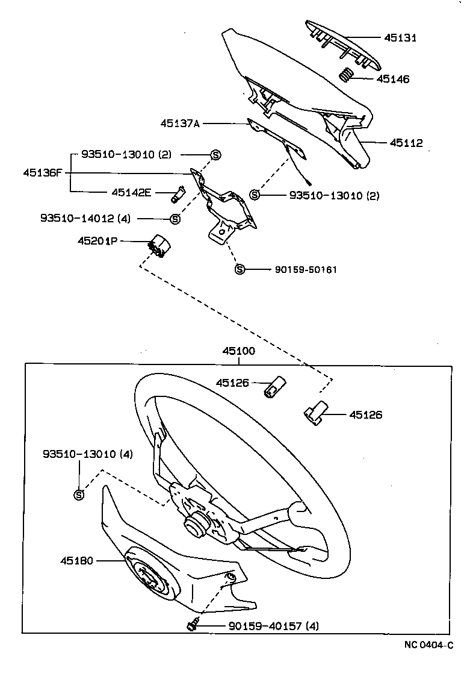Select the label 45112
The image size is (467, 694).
[x=406, y=143]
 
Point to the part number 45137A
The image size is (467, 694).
[x=179, y=123]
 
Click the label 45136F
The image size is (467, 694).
[x=43, y=172]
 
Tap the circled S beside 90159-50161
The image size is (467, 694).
[x=239, y=269]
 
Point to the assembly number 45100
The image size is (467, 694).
[x=238, y=351]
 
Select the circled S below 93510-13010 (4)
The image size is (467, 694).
[x=78, y=495]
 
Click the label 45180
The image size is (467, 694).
[x=76, y=561]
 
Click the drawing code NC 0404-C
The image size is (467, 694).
[x=428, y=645]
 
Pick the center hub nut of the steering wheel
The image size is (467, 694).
[x=195, y=523]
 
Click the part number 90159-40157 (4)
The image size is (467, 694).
[x=274, y=627]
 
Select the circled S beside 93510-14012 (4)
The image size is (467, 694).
[x=175, y=218]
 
